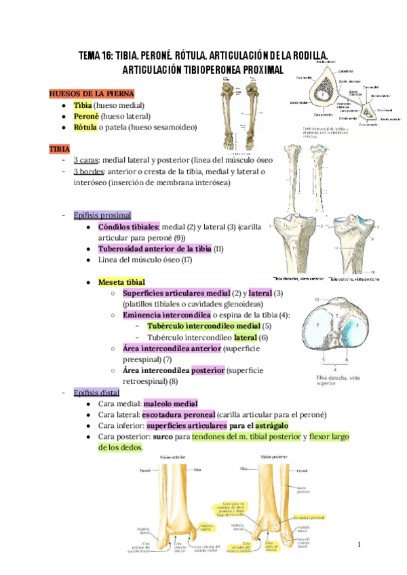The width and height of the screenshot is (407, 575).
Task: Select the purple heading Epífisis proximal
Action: pyautogui.click(x=102, y=215)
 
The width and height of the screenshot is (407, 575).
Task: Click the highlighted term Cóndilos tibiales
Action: pyautogui.click(x=129, y=226)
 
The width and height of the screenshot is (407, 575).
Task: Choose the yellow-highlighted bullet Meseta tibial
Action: pyautogui.click(x=121, y=281)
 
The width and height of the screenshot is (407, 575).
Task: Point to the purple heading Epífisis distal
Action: pyautogui.click(x=96, y=393)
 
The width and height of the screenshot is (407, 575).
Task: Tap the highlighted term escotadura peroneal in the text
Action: pyautogui.click(x=178, y=414)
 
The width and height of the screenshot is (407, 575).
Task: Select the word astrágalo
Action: pyautogui.click(x=268, y=425)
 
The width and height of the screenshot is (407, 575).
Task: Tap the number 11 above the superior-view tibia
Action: pyautogui.click(x=316, y=299)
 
